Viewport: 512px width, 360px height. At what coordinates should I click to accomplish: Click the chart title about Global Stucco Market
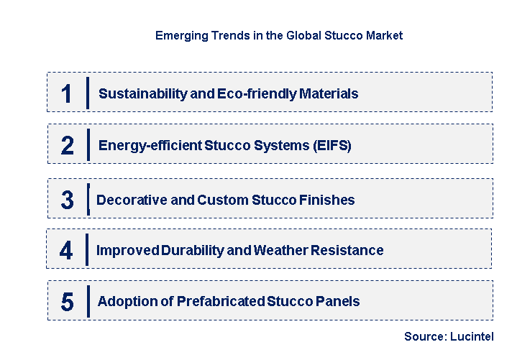279,35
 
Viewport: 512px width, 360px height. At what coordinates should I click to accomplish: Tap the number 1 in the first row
67,94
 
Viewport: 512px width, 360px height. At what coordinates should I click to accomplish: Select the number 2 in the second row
68,146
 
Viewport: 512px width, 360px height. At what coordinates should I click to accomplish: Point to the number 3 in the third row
67,200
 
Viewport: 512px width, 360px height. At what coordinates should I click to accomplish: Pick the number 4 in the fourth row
66,251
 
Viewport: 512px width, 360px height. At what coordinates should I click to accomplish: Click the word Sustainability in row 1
137,94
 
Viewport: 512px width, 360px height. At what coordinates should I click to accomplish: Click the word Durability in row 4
178,251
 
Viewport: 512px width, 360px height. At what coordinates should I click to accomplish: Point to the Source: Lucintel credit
449,336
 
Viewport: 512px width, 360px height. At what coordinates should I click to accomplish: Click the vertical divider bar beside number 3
88,199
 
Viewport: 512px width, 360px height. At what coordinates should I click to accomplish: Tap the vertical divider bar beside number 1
87,93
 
